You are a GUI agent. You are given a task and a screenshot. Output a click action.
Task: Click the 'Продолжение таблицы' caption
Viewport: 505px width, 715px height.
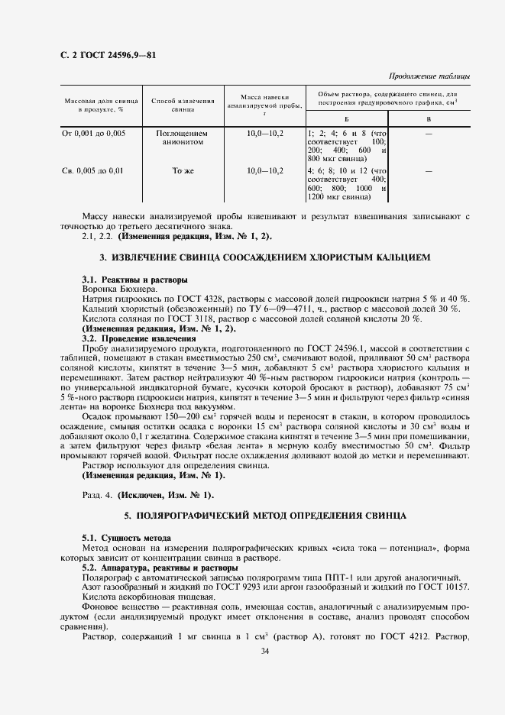tap(429, 76)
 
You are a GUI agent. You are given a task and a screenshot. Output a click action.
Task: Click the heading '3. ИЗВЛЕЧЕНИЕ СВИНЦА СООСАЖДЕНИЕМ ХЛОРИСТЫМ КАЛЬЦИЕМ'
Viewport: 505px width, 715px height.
tap(266, 258)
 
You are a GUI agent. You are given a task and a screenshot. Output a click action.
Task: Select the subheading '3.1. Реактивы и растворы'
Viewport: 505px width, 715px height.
tap(134, 280)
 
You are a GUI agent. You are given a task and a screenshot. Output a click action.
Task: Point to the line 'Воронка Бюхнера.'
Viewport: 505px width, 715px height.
tap(119, 289)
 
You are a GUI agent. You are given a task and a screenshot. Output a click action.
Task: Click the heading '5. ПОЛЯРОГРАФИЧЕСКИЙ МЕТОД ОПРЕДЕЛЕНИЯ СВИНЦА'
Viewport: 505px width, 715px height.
tap(265, 517)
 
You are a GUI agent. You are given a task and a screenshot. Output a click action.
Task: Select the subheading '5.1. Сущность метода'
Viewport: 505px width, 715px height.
tap(126, 539)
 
